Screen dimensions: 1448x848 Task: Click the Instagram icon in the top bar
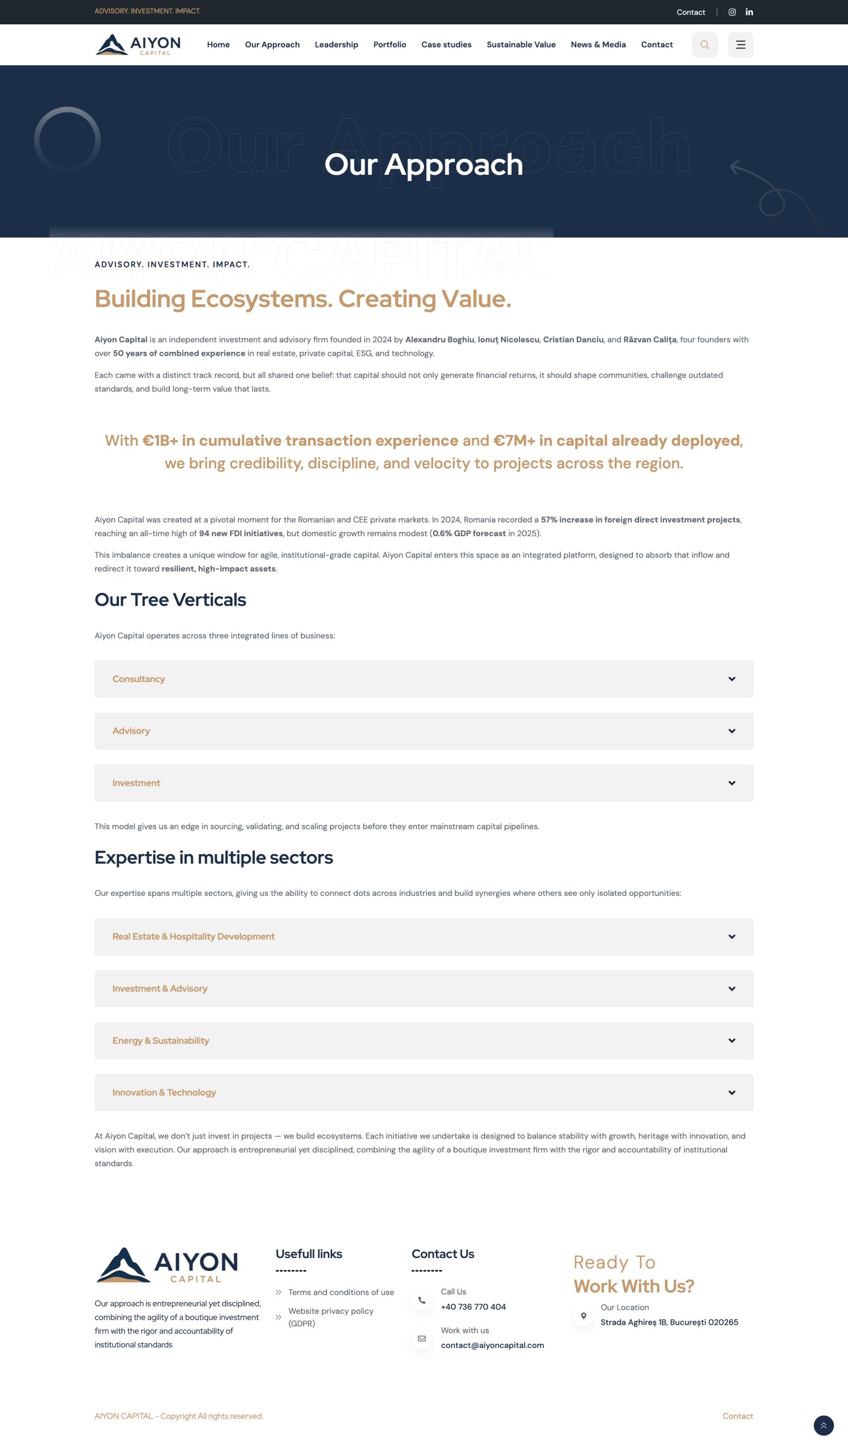click(x=732, y=12)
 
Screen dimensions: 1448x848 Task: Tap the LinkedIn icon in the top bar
click(x=749, y=12)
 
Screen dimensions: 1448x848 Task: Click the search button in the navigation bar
click(x=704, y=45)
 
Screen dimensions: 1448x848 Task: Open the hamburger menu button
click(x=740, y=45)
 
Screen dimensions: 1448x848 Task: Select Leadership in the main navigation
click(x=336, y=45)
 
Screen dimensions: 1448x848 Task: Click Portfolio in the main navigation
click(x=390, y=45)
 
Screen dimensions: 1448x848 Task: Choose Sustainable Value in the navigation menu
click(x=521, y=45)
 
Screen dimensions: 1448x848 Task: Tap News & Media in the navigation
click(x=598, y=45)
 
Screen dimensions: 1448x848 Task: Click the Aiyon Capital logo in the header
click(x=138, y=45)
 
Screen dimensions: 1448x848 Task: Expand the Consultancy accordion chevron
click(x=732, y=679)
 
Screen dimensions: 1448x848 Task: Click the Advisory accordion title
click(x=131, y=731)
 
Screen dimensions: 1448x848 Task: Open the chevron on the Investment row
click(x=732, y=783)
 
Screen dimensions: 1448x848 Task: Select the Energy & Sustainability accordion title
click(x=161, y=1041)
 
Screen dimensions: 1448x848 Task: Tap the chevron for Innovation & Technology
click(x=732, y=1093)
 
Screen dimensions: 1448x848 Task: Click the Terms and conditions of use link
click(x=341, y=1292)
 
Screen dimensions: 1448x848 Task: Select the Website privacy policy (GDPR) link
click(x=331, y=1317)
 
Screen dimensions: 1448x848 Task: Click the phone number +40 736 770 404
click(x=473, y=1307)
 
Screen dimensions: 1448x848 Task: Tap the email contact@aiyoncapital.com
click(x=492, y=1345)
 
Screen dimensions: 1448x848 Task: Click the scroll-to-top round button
click(x=823, y=1425)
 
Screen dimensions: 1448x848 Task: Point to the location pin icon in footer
click(x=584, y=1316)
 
